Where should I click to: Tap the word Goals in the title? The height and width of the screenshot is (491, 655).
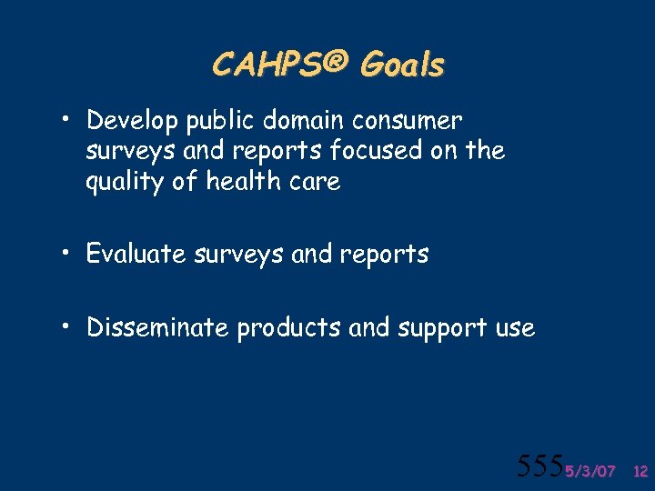pos(402,65)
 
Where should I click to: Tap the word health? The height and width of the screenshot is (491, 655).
pos(242,181)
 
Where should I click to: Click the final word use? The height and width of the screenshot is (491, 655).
pos(515,328)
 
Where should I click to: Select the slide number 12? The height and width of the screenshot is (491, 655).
pos(640,471)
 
